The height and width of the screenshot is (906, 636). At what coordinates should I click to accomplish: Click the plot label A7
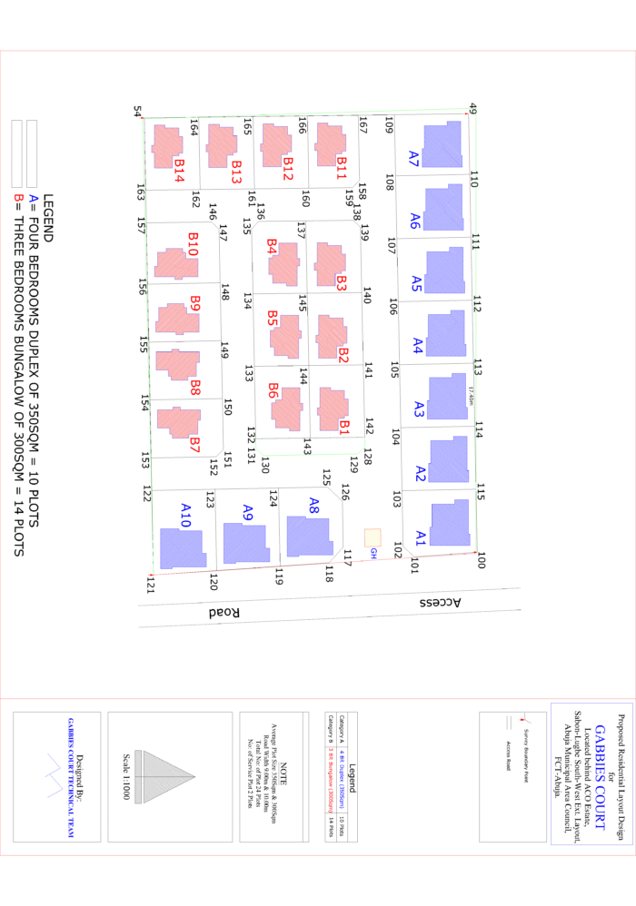pyautogui.click(x=414, y=160)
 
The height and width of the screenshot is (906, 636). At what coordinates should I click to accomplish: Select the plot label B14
pyautogui.click(x=180, y=170)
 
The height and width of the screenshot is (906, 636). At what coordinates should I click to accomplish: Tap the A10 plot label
pyautogui.click(x=186, y=515)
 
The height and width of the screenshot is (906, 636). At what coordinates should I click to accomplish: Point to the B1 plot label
pyautogui.click(x=344, y=424)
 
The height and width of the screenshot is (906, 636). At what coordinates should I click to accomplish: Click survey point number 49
pyautogui.click(x=473, y=108)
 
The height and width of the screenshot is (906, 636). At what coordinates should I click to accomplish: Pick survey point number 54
pyautogui.click(x=138, y=112)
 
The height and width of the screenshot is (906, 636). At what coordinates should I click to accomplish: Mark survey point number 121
pyautogui.click(x=150, y=587)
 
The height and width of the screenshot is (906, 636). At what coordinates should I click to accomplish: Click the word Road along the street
pyautogui.click(x=224, y=613)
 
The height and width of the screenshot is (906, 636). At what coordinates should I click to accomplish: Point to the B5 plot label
pyautogui.click(x=273, y=319)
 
